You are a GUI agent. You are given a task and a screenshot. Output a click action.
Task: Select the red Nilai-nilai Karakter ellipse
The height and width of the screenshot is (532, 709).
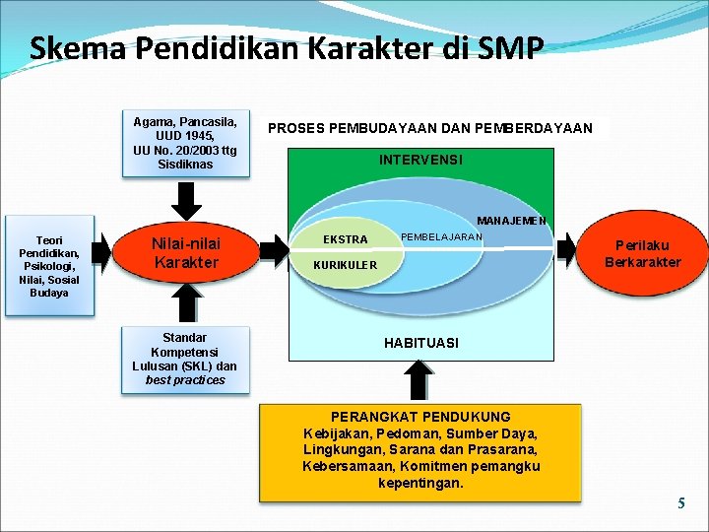pyautogui.click(x=186, y=253)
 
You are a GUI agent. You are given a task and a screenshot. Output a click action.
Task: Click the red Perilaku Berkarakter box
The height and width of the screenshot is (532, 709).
pyautogui.click(x=642, y=253)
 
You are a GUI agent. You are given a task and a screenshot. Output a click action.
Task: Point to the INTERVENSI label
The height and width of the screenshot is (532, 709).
pyautogui.click(x=420, y=160)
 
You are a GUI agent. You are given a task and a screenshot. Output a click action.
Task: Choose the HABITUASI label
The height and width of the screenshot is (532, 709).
pyautogui.click(x=420, y=343)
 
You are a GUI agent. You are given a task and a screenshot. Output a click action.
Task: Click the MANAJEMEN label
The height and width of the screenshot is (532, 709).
pyautogui.click(x=511, y=221)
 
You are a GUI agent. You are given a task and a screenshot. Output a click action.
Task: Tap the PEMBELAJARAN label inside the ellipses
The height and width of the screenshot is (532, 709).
pyautogui.click(x=441, y=237)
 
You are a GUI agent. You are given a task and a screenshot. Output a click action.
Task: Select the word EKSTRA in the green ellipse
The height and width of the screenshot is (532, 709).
pyautogui.click(x=346, y=239)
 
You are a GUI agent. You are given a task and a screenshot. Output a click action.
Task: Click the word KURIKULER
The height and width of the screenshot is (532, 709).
pyautogui.click(x=345, y=266)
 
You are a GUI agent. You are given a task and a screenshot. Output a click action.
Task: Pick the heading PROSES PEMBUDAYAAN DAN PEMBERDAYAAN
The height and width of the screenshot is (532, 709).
pyautogui.click(x=430, y=128)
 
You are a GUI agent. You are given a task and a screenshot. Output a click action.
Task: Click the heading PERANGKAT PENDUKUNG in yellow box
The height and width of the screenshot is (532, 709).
pyautogui.click(x=420, y=417)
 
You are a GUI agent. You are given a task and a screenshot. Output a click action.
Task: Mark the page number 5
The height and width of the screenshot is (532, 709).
pyautogui.click(x=680, y=503)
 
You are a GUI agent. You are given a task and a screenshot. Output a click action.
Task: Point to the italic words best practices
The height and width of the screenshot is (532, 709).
pyautogui.click(x=185, y=380)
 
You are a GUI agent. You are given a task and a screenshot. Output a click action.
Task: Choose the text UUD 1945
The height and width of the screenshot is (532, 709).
pyautogui.click(x=185, y=136)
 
